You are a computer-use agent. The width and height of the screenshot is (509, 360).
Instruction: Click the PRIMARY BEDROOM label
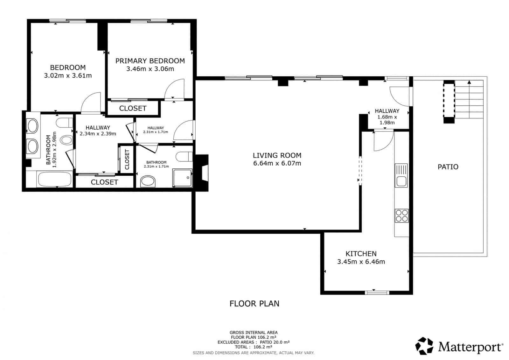click(150, 61)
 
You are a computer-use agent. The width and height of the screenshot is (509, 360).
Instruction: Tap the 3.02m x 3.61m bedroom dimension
click(68, 75)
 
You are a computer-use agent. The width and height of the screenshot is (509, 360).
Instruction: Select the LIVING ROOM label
click(277, 155)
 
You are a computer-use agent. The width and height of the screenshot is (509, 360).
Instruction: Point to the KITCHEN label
click(361, 254)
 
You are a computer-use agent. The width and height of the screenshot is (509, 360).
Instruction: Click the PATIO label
click(448, 167)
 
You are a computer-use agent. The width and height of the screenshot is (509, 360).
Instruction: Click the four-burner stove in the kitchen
click(401, 215)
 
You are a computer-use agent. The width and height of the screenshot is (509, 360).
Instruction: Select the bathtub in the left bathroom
click(54, 179)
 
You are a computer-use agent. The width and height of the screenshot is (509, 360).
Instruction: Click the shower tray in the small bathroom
click(182, 178)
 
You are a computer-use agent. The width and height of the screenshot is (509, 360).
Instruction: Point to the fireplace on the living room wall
click(202, 172)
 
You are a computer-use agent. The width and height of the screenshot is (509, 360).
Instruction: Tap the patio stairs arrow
click(468, 82)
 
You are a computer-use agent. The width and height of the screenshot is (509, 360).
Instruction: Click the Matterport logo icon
click(424, 346)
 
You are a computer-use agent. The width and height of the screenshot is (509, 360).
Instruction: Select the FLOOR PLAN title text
click(254, 304)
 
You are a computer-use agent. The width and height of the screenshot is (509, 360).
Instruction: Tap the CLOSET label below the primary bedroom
click(133, 108)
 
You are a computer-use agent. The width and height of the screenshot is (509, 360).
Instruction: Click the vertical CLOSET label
click(127, 159)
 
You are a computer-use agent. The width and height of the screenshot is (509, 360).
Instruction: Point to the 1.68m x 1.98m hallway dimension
click(387, 120)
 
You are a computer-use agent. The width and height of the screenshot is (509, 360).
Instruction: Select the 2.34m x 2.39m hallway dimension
click(98, 134)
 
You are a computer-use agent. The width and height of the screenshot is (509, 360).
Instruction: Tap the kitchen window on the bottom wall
click(377, 292)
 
